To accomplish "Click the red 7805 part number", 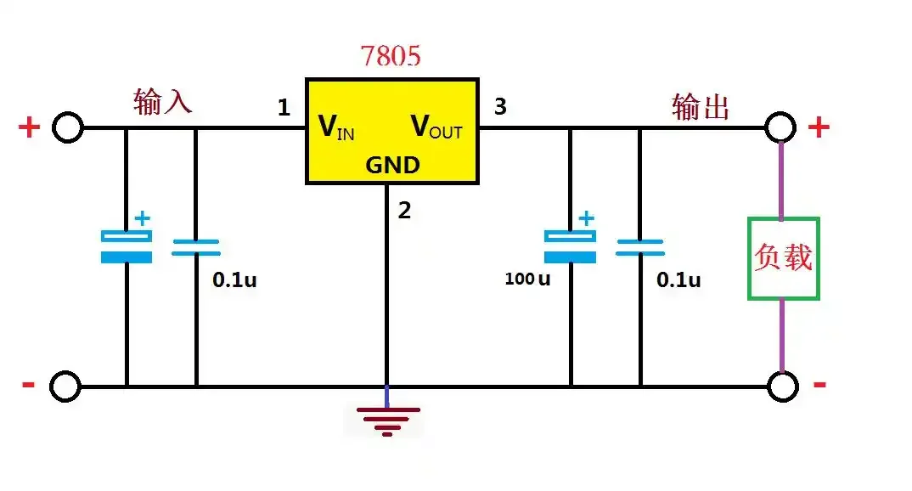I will tap(391, 56).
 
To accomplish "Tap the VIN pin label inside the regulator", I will tap(336, 127).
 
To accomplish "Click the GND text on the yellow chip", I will tap(392, 165).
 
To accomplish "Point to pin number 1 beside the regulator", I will tap(284, 108).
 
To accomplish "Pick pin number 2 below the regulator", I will tap(404, 211).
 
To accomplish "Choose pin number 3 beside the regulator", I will tap(500, 107).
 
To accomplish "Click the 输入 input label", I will tap(163, 101).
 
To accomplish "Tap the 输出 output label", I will tap(701, 107).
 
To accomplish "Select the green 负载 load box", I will tap(783, 258).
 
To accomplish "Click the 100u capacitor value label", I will tap(527, 279).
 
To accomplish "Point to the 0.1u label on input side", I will tap(234, 279).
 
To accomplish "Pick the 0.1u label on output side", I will tap(678, 279).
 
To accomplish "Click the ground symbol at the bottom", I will tap(388, 420).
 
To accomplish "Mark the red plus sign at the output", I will tap(819, 127).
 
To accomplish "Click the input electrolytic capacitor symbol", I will tap(127, 245).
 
